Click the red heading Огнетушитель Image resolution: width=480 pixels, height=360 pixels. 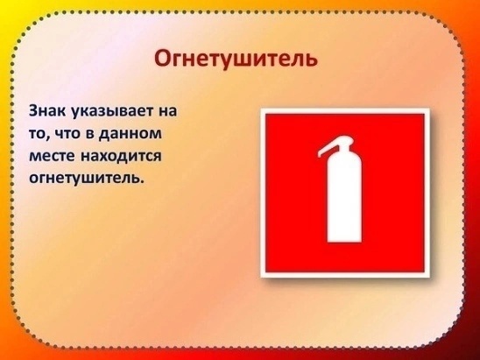pos(236,59)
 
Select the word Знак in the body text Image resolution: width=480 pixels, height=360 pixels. pos(47,110)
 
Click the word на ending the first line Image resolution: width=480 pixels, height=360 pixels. pos(168,111)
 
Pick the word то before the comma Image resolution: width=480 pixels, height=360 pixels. pos(37,134)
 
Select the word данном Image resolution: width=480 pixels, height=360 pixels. pos(131,134)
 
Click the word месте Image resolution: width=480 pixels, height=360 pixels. pos(52,156)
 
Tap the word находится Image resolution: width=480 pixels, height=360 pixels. pos(121,157)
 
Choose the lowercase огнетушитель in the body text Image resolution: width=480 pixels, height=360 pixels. pos(85,179)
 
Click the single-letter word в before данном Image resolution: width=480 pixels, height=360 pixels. pos(90,134)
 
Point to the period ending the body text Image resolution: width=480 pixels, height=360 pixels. pos(142,182)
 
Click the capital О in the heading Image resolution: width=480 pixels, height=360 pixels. pos(162,58)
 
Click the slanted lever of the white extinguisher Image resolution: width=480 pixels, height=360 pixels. pos(329,148)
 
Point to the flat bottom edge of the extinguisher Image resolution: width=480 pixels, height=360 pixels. pos(344,242)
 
